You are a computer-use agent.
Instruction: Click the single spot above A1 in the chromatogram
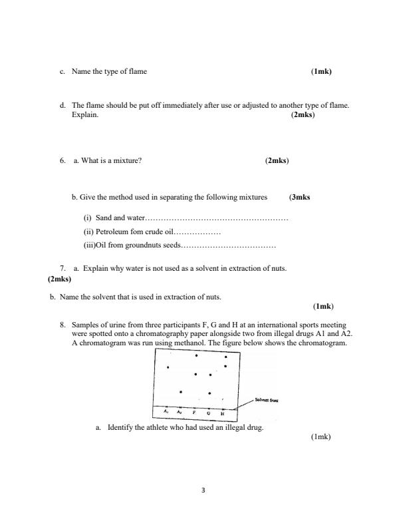click(x=168, y=367)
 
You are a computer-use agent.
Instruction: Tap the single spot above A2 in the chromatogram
click(x=181, y=391)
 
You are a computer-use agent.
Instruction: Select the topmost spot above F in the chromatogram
click(x=196, y=355)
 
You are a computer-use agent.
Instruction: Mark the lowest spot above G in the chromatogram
click(x=209, y=393)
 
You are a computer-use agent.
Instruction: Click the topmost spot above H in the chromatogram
click(x=226, y=357)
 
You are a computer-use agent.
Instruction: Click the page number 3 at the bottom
click(x=203, y=491)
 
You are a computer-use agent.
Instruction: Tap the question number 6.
click(x=62, y=160)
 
